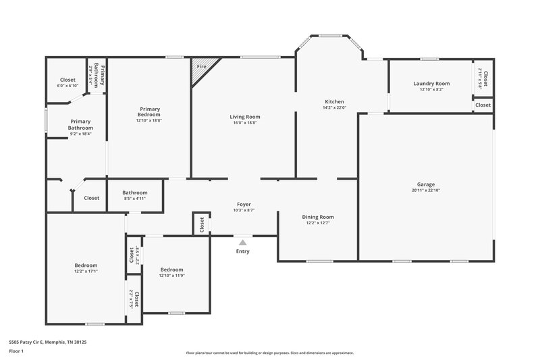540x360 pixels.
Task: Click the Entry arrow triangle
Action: (242, 242)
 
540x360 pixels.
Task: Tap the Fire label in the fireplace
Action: (201, 67)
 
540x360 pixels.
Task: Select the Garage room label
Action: (425, 184)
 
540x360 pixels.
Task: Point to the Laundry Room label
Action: (431, 84)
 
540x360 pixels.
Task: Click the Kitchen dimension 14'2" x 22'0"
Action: (334, 107)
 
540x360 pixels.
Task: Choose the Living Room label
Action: (244, 117)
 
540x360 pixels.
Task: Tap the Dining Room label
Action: (317, 217)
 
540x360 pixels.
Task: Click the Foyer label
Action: (244, 204)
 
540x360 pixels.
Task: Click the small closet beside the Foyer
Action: (201, 225)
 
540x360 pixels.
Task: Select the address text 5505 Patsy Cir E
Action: (47, 342)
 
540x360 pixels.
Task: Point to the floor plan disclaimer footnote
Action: (269, 353)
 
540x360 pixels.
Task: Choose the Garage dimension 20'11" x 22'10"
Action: (425, 190)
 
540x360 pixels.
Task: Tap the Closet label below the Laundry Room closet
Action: (483, 105)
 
